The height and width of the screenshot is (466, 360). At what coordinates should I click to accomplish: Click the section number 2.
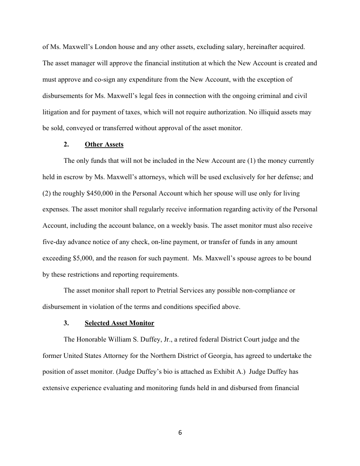pos(66,145)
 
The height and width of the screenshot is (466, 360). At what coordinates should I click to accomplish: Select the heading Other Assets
pos(104,145)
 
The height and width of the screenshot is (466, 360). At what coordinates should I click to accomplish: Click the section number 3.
pos(66,323)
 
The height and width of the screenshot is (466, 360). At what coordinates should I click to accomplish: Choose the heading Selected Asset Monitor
pos(119,323)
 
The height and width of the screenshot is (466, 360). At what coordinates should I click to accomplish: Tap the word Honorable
pos(93,339)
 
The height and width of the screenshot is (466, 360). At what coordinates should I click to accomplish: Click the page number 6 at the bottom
pos(180,433)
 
